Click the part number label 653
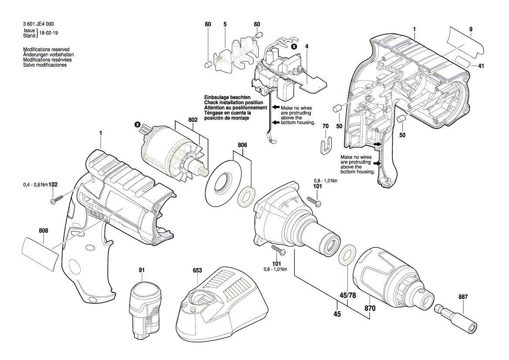pyautogui.click(x=197, y=270)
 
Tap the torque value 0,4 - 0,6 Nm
pyautogui.click(x=35, y=185)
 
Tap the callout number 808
pyautogui.click(x=44, y=231)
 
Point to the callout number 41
pyautogui.click(x=481, y=66)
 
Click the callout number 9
pyautogui.click(x=471, y=29)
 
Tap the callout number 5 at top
pyautogui.click(x=225, y=24)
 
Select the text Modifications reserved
pyautogui.click(x=46, y=50)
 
